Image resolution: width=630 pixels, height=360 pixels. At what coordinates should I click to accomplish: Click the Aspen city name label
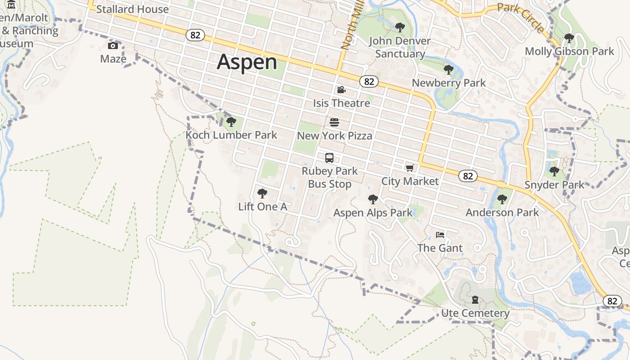coord(247,62)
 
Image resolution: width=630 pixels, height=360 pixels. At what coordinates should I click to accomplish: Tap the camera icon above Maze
coord(113,45)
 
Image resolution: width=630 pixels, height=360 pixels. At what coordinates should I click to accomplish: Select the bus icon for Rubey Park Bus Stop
coord(329,158)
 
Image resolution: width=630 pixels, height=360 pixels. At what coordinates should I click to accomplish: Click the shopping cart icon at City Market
coord(409,168)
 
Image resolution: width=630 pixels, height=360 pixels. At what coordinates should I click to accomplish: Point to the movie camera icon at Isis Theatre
coord(341,90)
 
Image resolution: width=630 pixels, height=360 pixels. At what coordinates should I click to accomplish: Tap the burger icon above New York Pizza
coord(334,122)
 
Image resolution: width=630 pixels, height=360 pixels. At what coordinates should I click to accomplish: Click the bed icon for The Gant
coord(440,235)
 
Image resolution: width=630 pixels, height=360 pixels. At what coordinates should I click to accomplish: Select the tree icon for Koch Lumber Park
coord(231,122)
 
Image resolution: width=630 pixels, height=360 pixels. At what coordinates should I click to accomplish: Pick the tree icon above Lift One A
coord(262,194)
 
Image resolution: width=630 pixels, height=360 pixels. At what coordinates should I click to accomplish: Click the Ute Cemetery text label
coord(475,313)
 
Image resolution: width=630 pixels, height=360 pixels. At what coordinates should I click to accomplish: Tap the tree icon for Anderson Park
coord(502,199)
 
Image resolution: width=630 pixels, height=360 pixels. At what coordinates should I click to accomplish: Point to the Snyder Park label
coord(554,184)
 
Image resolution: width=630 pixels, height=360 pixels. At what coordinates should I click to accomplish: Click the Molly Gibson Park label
coord(569,51)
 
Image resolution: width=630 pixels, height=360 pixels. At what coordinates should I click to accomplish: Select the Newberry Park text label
coord(449,83)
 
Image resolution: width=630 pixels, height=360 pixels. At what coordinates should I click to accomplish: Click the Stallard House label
coord(132,9)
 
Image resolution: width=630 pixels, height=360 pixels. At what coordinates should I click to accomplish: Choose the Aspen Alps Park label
coord(373,212)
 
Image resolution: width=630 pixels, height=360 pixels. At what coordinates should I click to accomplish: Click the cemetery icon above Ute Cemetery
coord(475,300)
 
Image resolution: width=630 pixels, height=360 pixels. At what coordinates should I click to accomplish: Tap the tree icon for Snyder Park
coord(554,171)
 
